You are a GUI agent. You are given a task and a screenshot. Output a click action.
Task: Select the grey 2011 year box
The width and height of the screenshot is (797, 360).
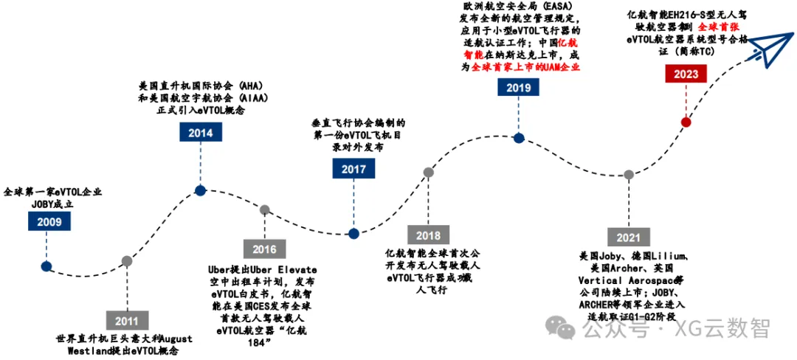[127, 321]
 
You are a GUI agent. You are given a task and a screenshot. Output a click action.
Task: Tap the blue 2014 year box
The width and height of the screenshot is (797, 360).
[200, 133]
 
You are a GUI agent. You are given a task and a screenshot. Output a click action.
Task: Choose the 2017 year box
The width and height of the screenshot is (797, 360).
[353, 169]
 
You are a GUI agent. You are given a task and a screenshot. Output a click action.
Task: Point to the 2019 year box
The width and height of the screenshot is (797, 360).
[519, 88]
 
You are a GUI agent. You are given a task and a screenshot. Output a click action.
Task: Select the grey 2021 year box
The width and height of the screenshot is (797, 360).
[628, 237]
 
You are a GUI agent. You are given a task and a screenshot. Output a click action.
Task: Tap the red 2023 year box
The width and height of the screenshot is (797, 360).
[686, 74]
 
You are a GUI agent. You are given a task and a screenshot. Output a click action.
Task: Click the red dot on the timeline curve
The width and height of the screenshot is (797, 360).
[686, 122]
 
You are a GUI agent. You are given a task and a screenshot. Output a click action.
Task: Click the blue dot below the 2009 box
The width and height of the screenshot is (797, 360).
[46, 266]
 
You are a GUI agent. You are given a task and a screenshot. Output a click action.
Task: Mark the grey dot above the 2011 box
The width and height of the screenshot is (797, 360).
[127, 260]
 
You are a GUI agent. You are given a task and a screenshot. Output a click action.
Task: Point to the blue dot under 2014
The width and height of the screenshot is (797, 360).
[200, 190]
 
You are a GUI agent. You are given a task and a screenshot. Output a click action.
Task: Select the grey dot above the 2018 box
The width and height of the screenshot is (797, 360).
[428, 173]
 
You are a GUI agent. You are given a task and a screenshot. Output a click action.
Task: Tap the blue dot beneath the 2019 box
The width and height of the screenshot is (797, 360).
[519, 137]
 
